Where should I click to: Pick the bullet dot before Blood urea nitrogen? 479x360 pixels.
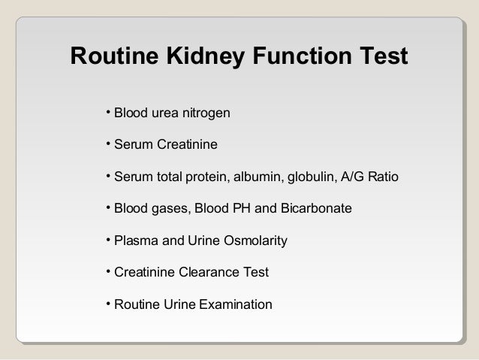108,113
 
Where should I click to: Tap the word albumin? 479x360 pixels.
258,178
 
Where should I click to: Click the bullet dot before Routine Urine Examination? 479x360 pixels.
108,304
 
